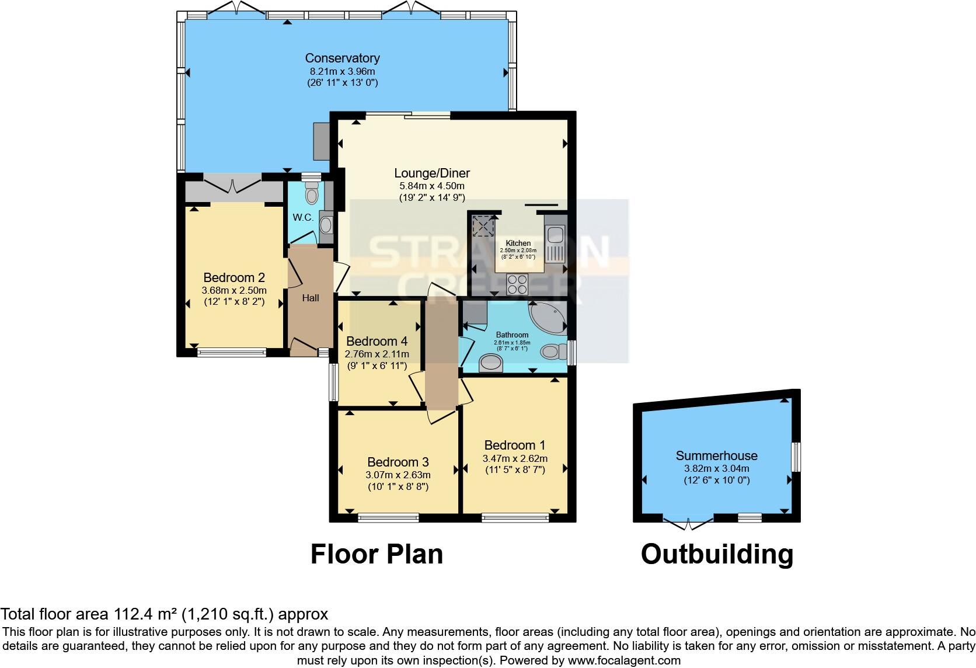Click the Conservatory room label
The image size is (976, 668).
coord(342,58)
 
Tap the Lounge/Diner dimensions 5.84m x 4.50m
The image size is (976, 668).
coord(432,186)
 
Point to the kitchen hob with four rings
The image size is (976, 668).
coord(517,284)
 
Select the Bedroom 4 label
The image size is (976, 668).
coord(377,341)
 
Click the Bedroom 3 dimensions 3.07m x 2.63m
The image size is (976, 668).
coord(398,475)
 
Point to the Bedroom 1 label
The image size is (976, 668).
coord(515,445)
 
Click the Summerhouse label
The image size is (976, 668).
coord(716,455)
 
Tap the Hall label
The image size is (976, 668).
coord(311,298)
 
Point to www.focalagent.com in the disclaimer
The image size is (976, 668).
coord(624,660)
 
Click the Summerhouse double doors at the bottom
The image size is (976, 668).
coord(688,523)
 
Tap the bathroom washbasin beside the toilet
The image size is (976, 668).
coord(490,364)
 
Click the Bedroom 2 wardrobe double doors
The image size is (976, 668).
coord(232,186)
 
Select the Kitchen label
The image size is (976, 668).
coord(518,243)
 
